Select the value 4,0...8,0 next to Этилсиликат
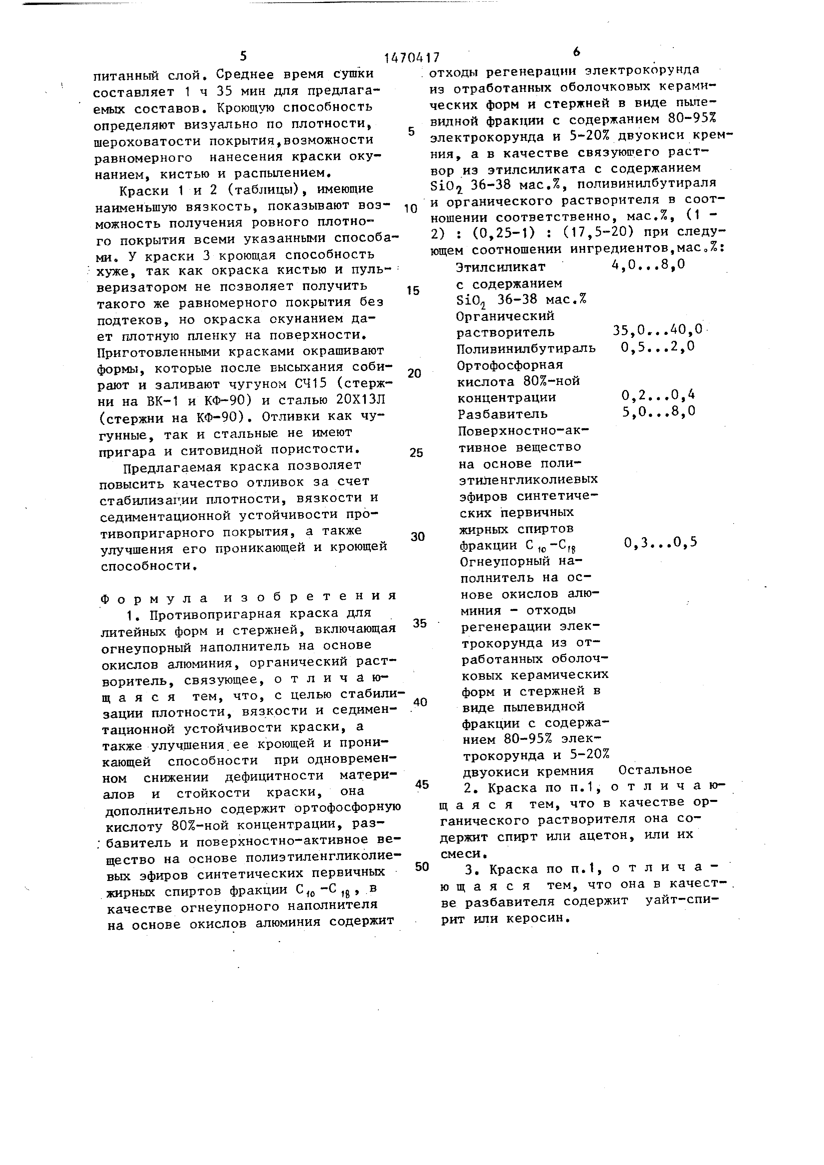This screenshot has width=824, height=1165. (649, 265)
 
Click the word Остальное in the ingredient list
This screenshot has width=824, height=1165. (655, 770)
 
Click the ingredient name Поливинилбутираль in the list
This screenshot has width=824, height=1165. (526, 348)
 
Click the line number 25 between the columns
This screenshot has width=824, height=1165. (416, 452)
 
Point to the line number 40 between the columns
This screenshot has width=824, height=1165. (420, 702)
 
